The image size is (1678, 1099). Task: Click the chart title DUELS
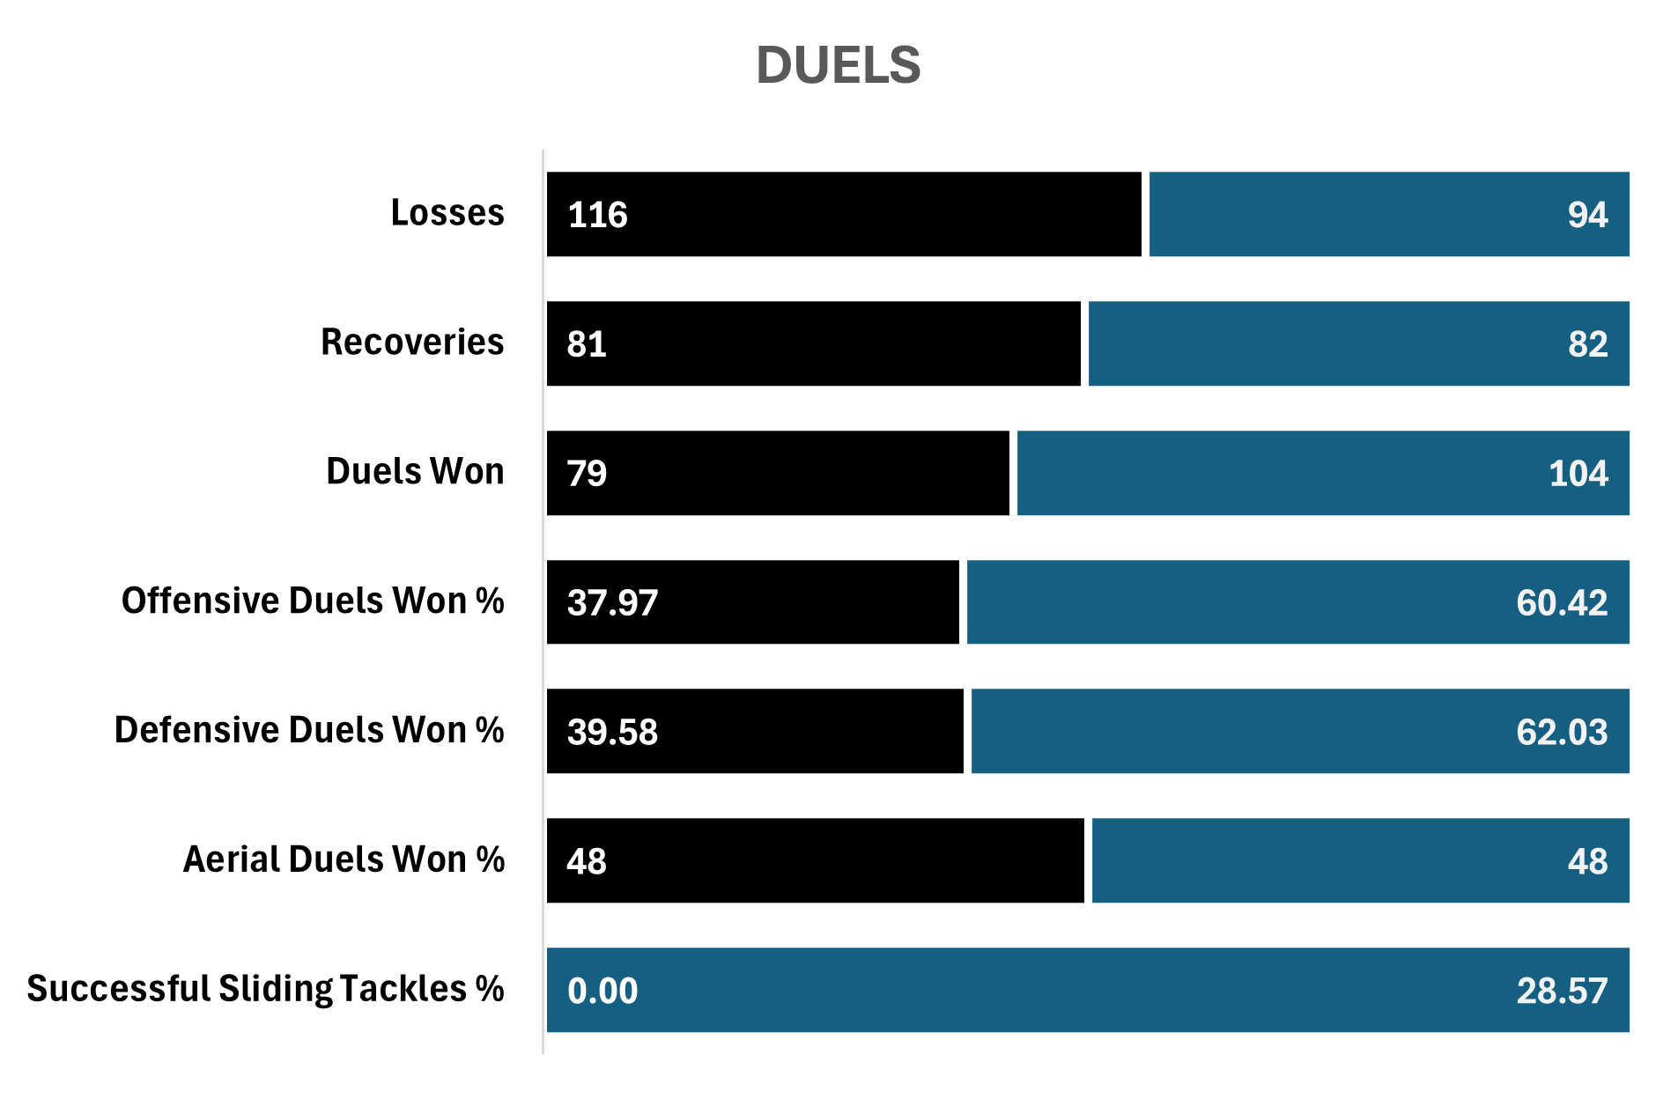tap(838, 66)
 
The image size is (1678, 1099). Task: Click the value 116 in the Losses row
tap(597, 215)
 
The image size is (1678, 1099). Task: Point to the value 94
tap(1587, 215)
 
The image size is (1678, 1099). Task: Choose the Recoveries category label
tap(412, 342)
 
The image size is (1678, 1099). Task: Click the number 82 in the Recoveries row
tap(1587, 344)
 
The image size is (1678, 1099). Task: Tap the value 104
tap(1578, 474)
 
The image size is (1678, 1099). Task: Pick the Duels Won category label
tap(415, 471)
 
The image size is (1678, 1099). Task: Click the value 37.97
tap(612, 603)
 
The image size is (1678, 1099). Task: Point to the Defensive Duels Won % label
tap(309, 730)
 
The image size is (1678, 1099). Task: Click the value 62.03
tap(1561, 733)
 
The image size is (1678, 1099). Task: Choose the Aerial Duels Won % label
tap(344, 859)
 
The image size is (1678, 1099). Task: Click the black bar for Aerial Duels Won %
tap(837, 860)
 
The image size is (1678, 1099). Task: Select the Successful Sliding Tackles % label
tap(265, 989)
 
